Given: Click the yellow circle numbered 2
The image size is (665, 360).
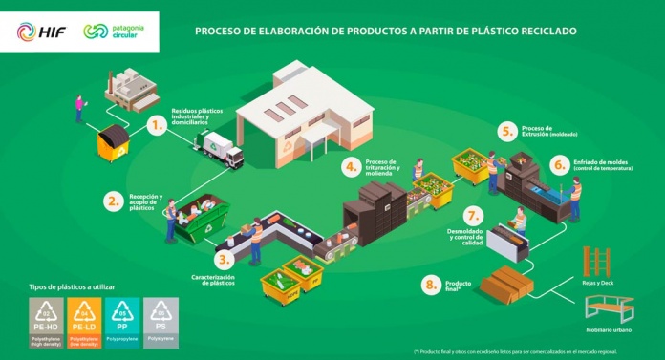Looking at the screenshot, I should point(114,201).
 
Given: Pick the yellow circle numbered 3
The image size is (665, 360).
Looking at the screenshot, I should point(224,260).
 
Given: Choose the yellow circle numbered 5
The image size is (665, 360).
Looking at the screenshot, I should point(507,131).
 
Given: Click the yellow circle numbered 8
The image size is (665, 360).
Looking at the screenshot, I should point(433,285).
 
